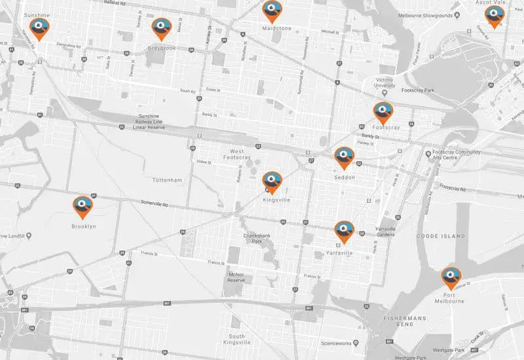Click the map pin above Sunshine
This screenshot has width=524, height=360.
(40, 28)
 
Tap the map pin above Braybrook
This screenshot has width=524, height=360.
(161, 27)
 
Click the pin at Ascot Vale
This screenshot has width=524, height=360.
(494, 16)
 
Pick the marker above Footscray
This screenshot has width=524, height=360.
(383, 112)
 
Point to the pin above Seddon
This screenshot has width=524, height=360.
(345, 157)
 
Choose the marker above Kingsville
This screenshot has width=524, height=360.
(272, 181)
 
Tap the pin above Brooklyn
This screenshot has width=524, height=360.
(83, 206)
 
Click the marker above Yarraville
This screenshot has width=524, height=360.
(345, 231)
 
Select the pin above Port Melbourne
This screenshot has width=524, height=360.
(450, 277)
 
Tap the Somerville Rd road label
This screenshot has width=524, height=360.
(155, 204)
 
